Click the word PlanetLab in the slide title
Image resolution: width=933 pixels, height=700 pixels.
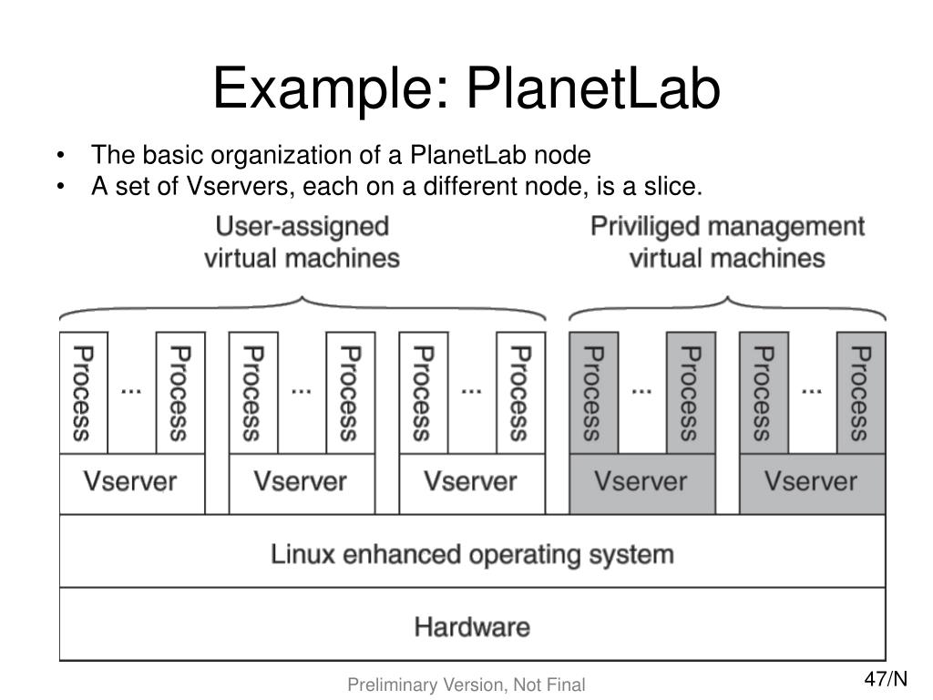click(x=593, y=91)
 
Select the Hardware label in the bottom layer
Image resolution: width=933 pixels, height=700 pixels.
click(x=472, y=627)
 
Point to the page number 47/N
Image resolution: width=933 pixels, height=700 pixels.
click(x=886, y=679)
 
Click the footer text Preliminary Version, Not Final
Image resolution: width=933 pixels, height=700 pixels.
click(x=466, y=685)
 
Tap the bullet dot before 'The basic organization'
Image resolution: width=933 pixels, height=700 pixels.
click(x=60, y=154)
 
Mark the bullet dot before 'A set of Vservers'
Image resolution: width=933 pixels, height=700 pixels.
click(x=60, y=187)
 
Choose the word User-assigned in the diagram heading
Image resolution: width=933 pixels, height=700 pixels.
click(x=302, y=226)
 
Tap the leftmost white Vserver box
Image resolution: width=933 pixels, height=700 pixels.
click(x=130, y=481)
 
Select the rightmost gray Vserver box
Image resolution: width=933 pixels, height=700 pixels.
click(x=811, y=481)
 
